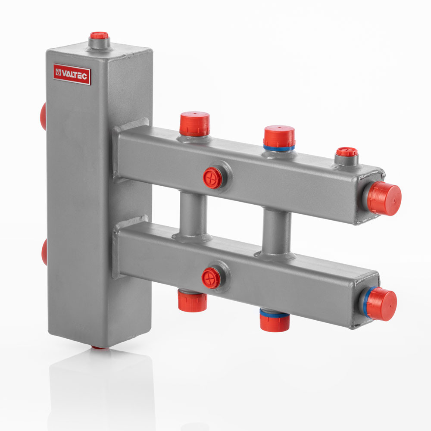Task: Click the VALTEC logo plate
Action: [72, 74]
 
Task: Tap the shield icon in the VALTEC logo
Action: [58, 72]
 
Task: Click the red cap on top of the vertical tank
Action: [99, 35]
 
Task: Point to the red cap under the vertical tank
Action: [99, 348]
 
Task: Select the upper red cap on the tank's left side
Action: [43, 116]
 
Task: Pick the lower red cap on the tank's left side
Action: [44, 252]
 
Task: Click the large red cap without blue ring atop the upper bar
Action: [195, 124]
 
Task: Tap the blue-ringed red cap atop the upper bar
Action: [279, 138]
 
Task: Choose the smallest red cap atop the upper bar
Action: [347, 152]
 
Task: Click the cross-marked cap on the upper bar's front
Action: [212, 178]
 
